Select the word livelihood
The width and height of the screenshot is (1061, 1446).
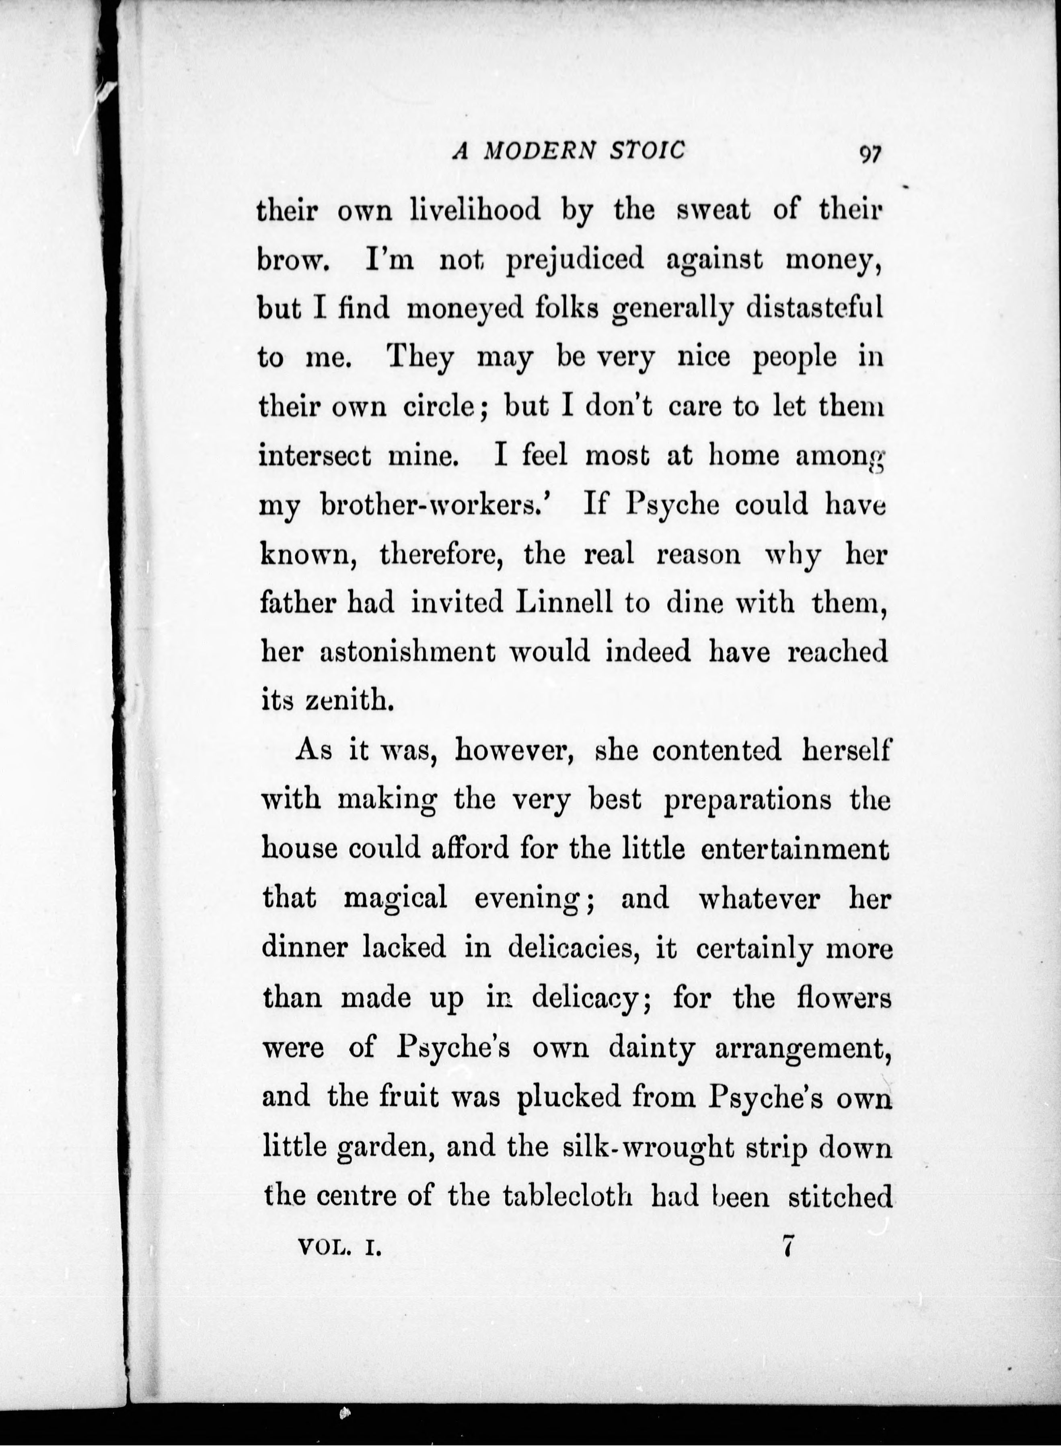pyautogui.click(x=475, y=211)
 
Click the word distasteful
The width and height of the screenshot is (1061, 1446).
pyautogui.click(x=814, y=308)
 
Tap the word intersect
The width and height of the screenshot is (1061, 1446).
pyautogui.click(x=315, y=456)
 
